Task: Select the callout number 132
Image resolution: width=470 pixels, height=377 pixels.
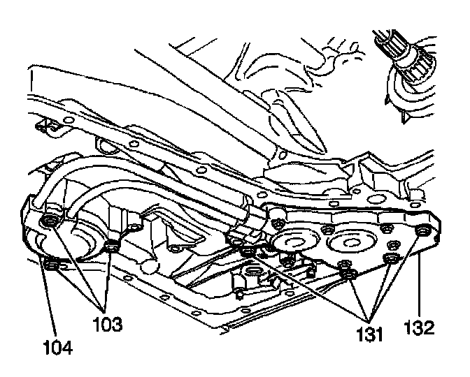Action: click(x=422, y=325)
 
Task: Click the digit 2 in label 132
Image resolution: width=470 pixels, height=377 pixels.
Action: click(x=433, y=325)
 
